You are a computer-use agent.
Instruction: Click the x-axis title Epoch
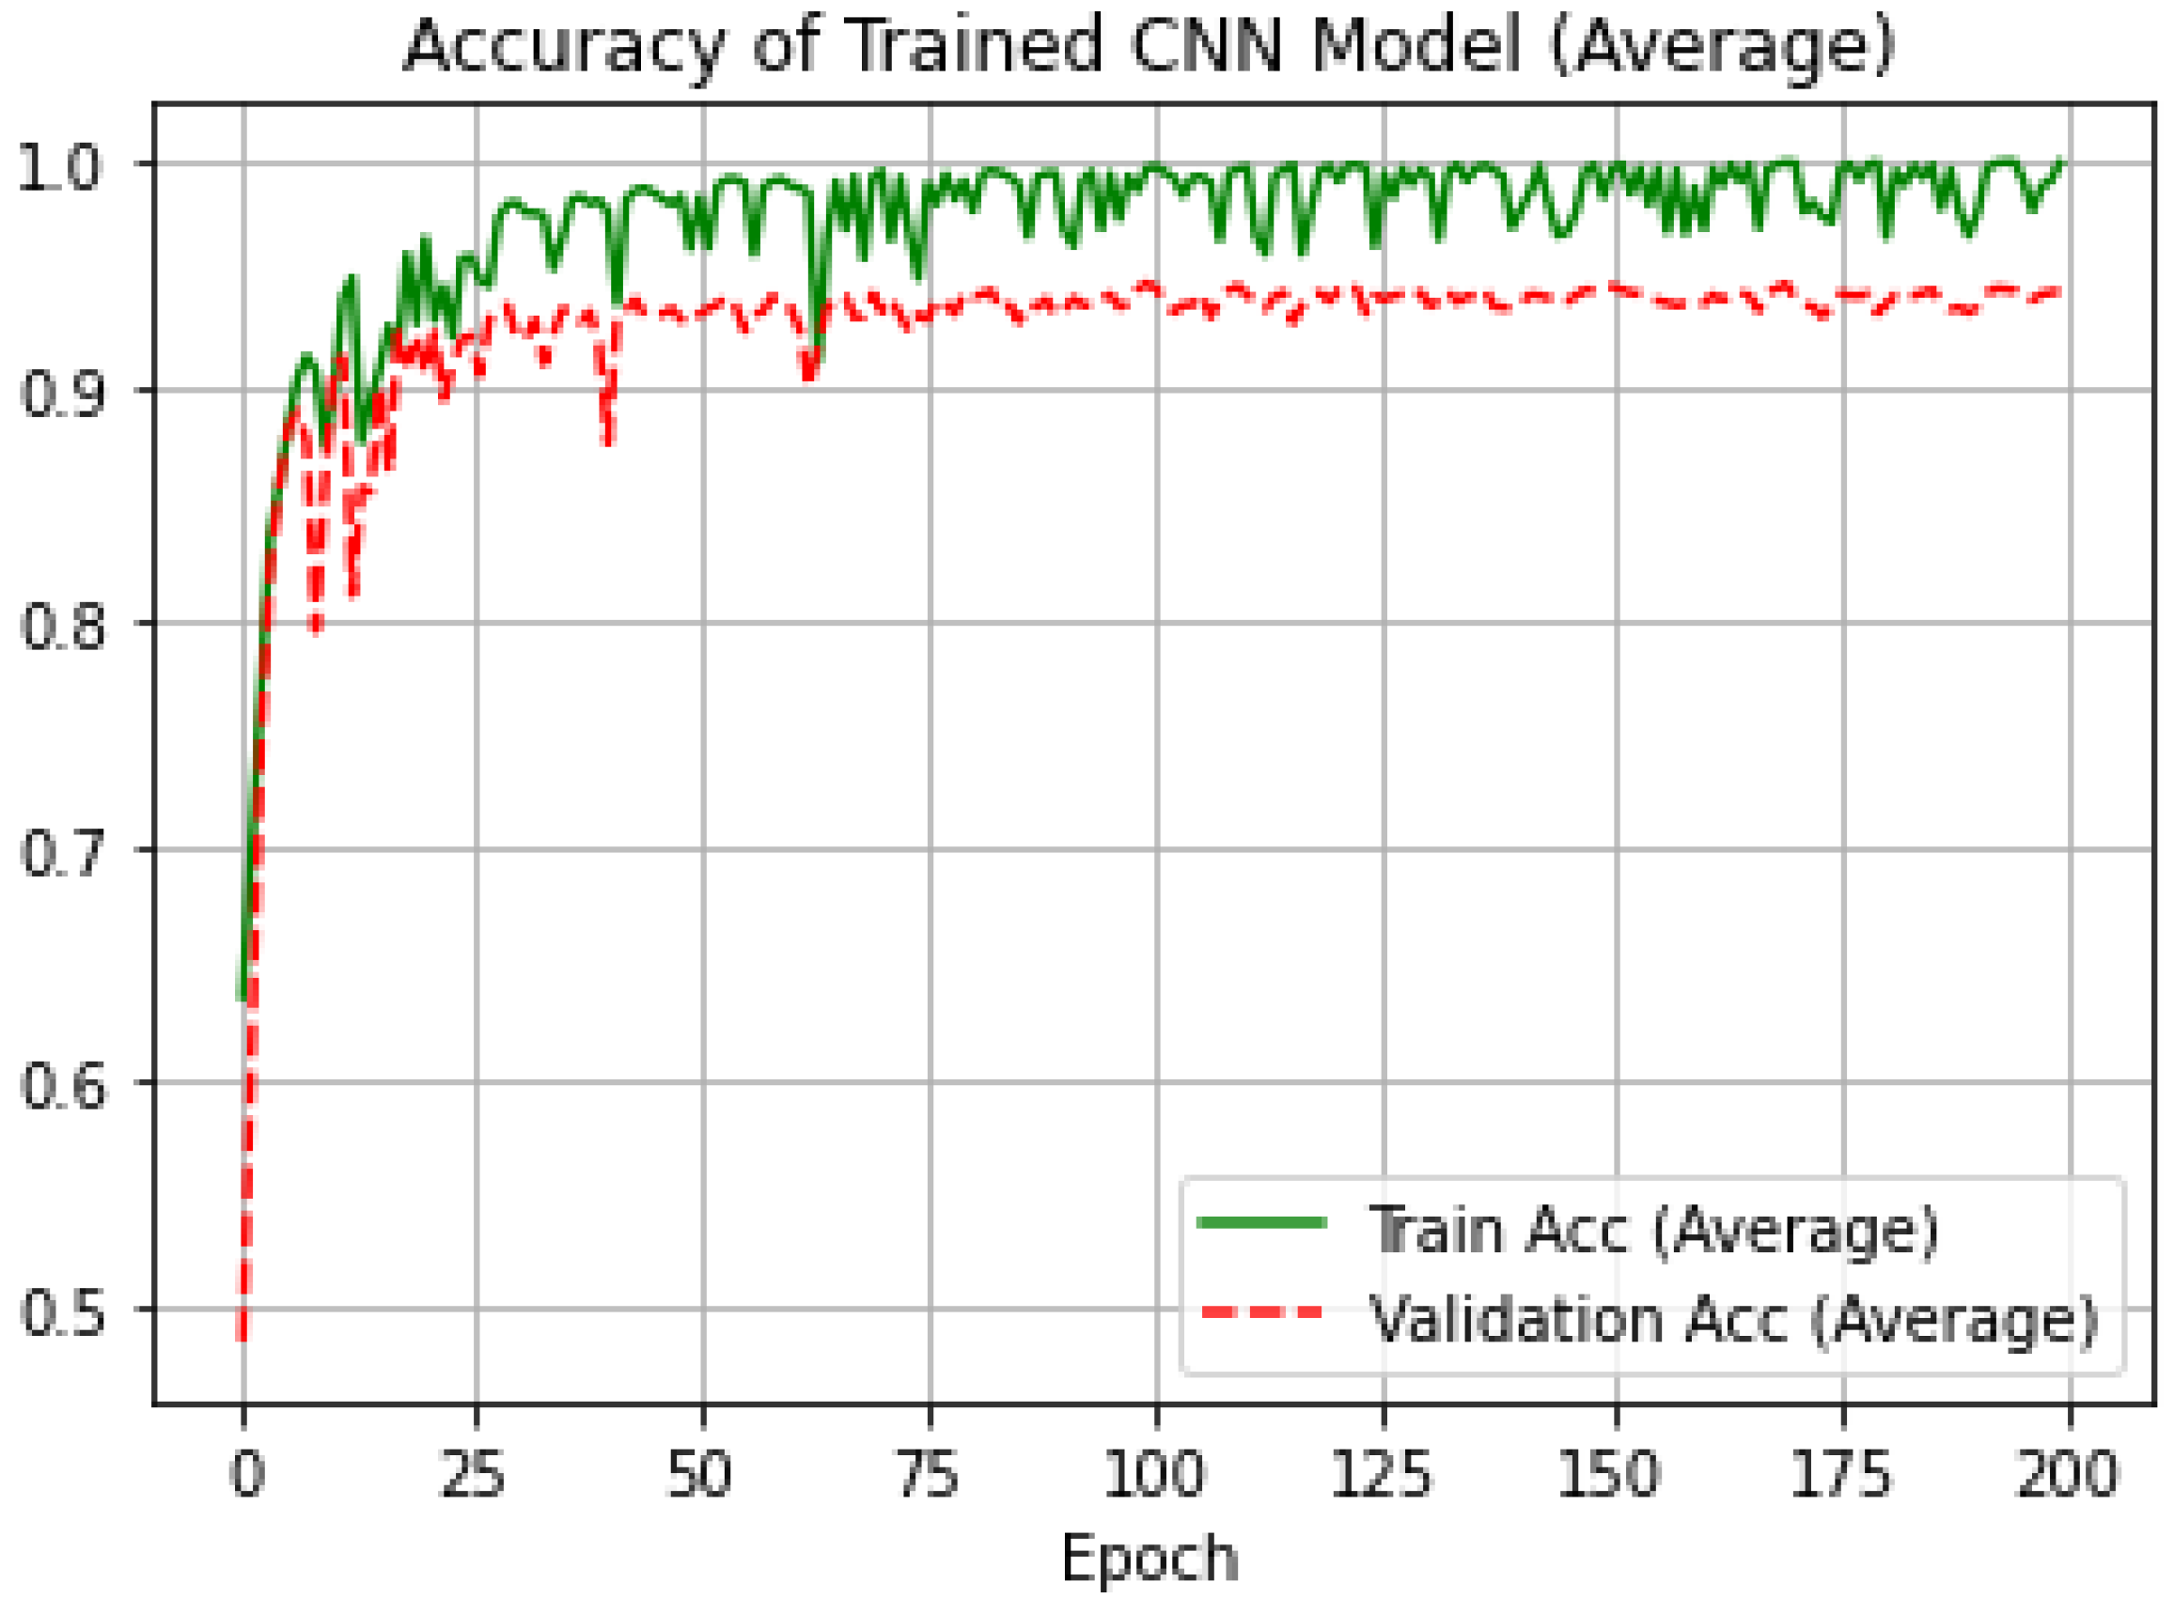(x=1150, y=1558)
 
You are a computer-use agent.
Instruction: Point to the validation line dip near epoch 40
(x=608, y=440)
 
